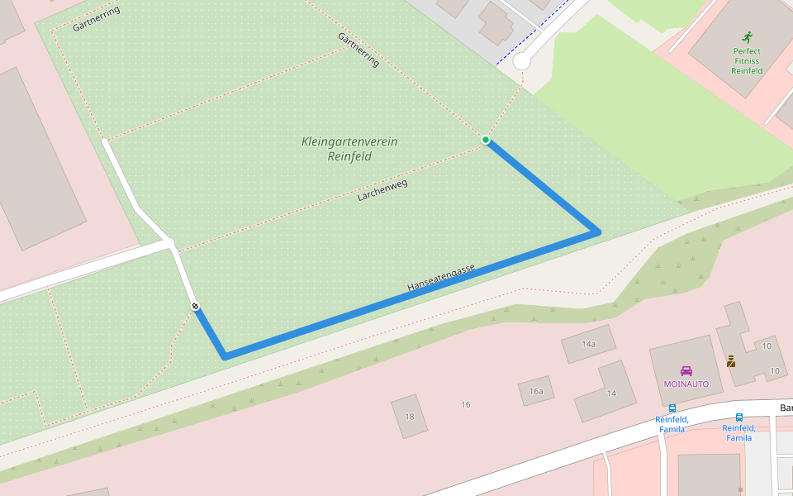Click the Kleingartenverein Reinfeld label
pyautogui.click(x=349, y=149)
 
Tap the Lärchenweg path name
pyautogui.click(x=382, y=191)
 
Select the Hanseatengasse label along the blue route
pyautogui.click(x=441, y=278)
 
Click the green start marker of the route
pyautogui.click(x=486, y=140)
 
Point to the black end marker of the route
pyautogui.click(x=195, y=307)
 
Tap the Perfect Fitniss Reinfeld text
pyautogui.click(x=747, y=61)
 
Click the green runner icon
pyautogui.click(x=747, y=37)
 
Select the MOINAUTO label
pyautogui.click(x=686, y=384)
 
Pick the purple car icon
pyautogui.click(x=686, y=371)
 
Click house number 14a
pyautogui.click(x=588, y=344)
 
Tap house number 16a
pyautogui.click(x=536, y=391)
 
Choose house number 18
pyautogui.click(x=409, y=416)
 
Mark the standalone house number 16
pyautogui.click(x=466, y=404)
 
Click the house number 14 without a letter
pyautogui.click(x=611, y=393)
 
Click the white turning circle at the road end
pyautogui.click(x=521, y=61)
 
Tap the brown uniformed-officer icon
pyautogui.click(x=731, y=361)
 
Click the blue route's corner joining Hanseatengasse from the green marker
pyautogui.click(x=596, y=232)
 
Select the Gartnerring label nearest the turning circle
pyautogui.click(x=359, y=50)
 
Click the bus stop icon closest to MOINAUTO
pyautogui.click(x=672, y=408)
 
